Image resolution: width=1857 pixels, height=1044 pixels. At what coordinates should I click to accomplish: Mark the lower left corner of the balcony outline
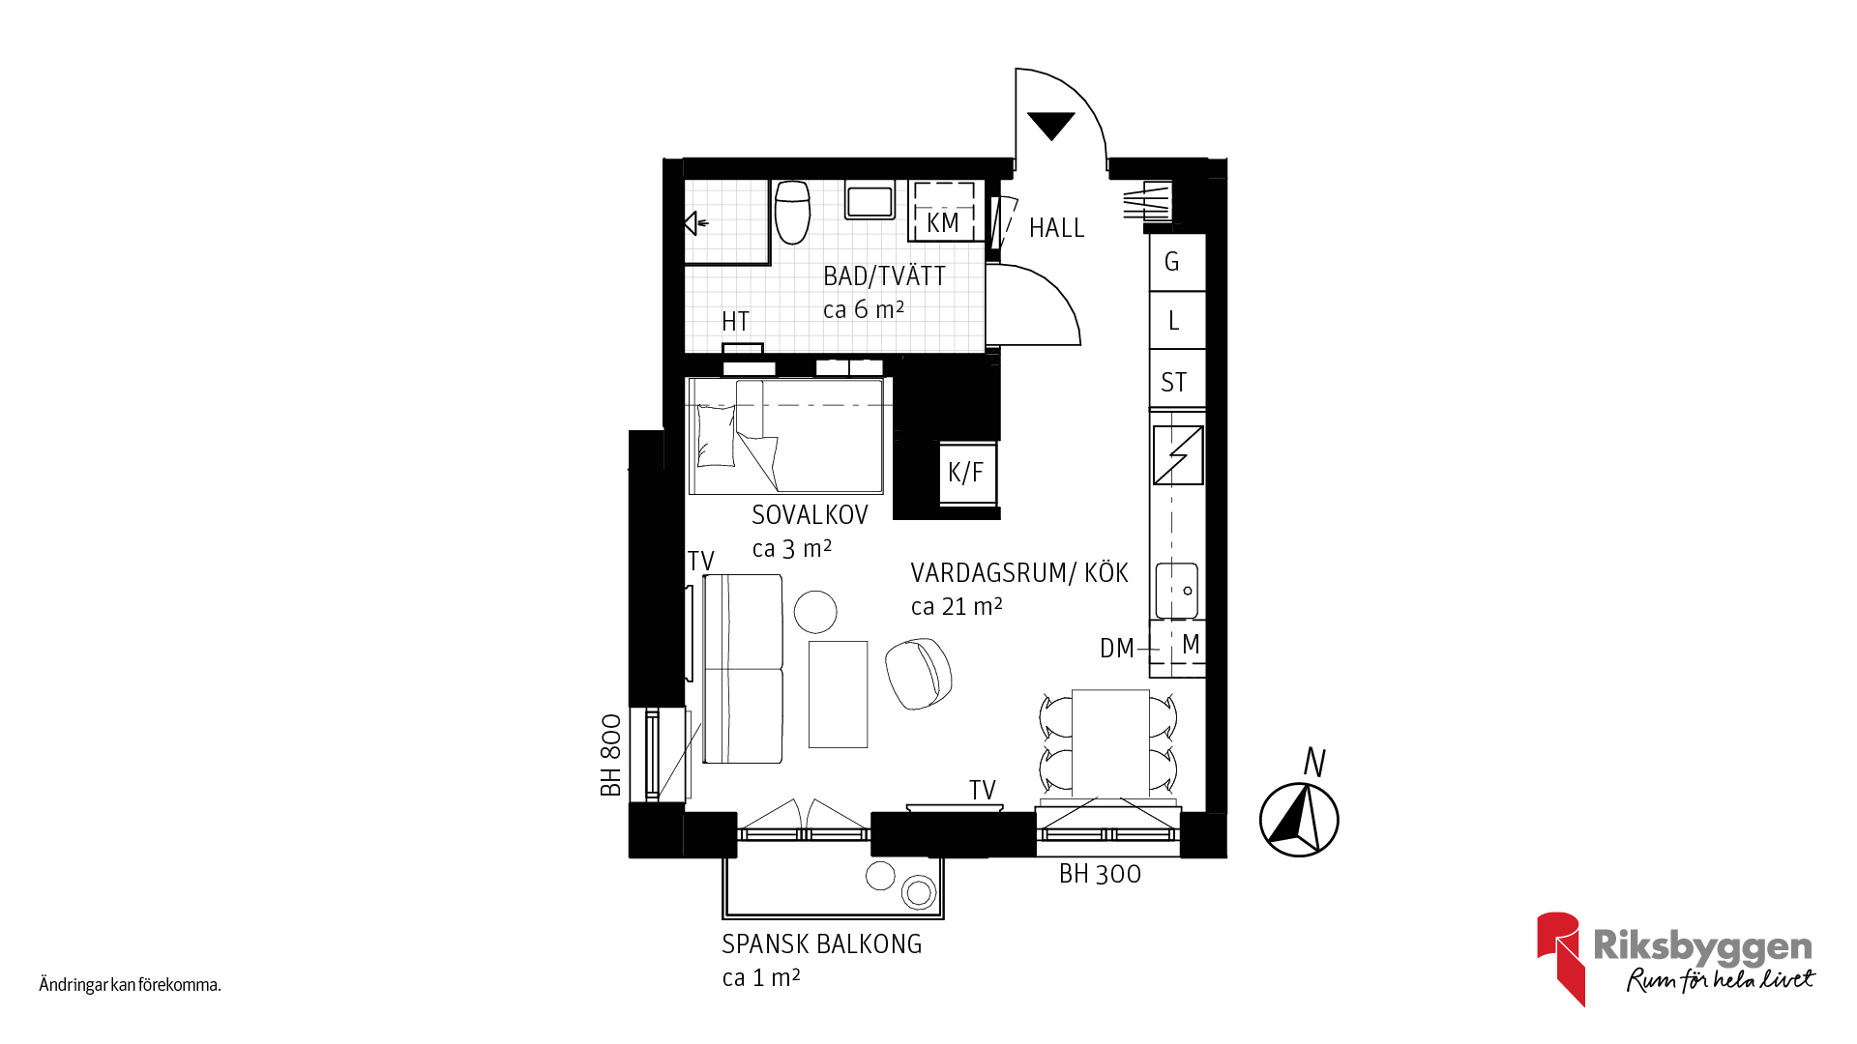[723, 917]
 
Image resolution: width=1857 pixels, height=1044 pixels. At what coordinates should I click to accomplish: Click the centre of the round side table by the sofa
[815, 612]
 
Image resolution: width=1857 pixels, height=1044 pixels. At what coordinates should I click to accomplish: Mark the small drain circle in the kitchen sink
[1188, 590]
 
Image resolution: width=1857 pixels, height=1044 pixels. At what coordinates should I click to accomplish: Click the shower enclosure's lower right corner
[770, 264]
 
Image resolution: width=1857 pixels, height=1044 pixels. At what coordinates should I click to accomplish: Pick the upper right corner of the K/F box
[996, 443]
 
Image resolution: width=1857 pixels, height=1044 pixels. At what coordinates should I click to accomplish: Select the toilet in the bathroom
[792, 212]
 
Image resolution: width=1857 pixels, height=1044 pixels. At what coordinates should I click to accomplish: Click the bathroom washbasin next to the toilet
[870, 200]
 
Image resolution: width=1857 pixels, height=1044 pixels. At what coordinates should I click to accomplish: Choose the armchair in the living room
[918, 673]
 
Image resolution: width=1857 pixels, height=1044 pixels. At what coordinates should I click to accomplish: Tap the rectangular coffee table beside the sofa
[838, 694]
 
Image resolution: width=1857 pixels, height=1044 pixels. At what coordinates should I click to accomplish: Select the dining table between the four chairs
[1110, 743]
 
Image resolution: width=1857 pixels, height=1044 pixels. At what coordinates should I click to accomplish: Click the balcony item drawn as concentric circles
[919, 892]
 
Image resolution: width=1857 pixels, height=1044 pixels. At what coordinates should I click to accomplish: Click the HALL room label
[1056, 228]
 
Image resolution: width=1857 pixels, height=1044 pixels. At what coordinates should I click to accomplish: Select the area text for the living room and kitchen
[957, 606]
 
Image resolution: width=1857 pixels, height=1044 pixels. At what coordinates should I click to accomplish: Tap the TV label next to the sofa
[700, 561]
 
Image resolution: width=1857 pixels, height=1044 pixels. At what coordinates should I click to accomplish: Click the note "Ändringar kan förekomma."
[131, 985]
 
